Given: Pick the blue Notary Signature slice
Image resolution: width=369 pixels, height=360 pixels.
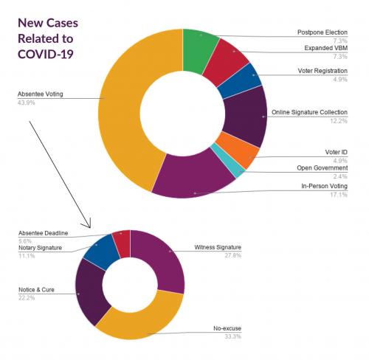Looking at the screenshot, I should coord(98,251).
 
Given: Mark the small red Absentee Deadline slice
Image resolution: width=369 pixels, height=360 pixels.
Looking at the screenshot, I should coord(121,243).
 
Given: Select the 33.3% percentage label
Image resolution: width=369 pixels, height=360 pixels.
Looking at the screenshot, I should coord(231,336).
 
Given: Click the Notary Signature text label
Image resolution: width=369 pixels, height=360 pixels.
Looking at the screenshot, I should coord(41,247).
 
